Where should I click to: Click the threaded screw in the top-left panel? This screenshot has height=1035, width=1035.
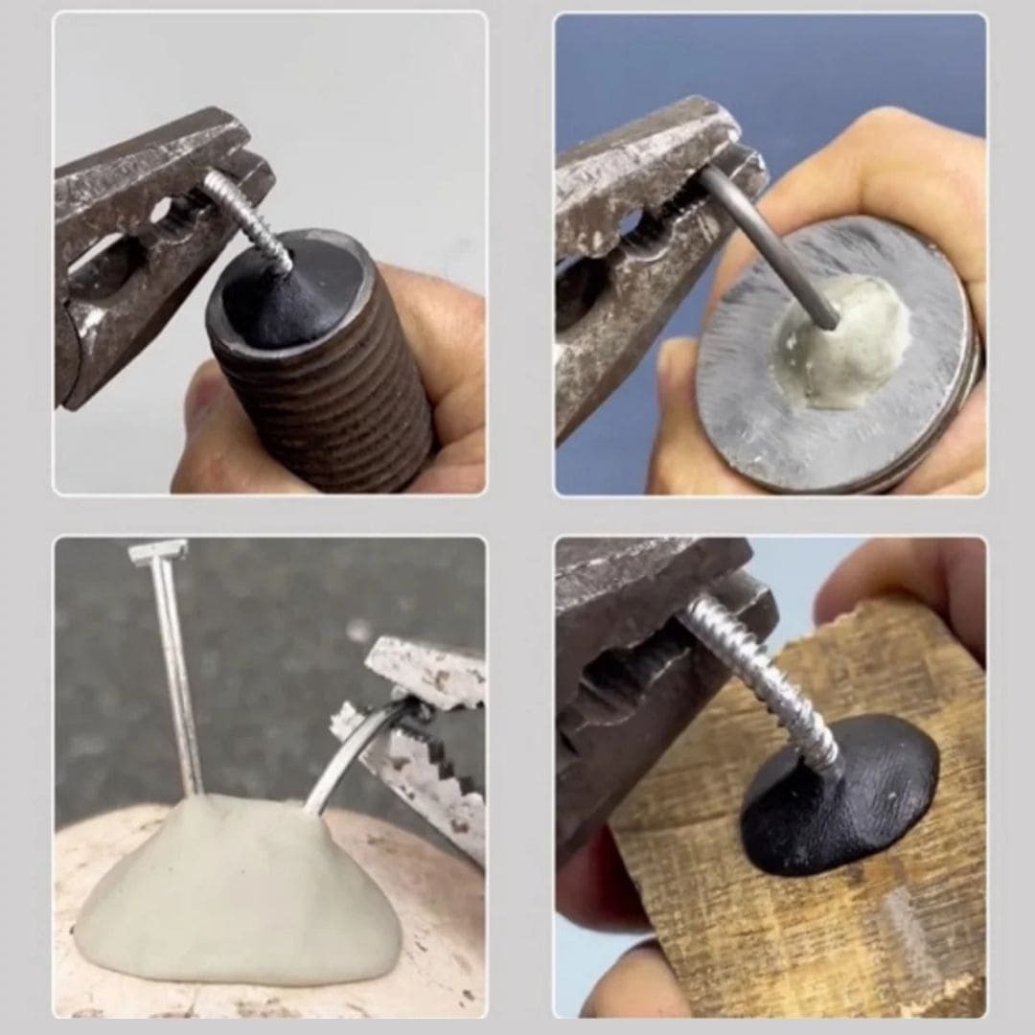pos(247,220)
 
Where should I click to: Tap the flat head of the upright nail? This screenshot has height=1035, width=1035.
pos(158,552)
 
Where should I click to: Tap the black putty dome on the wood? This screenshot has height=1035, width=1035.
pos(843,795)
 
